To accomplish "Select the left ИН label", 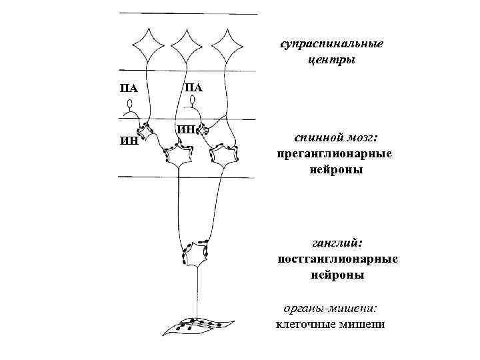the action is point(129,141).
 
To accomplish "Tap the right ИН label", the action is point(187,129).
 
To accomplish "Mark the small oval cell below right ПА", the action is point(193,101).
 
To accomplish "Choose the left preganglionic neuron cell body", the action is point(178,157).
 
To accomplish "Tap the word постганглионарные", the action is point(338,259).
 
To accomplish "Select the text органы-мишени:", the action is point(330,309).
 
